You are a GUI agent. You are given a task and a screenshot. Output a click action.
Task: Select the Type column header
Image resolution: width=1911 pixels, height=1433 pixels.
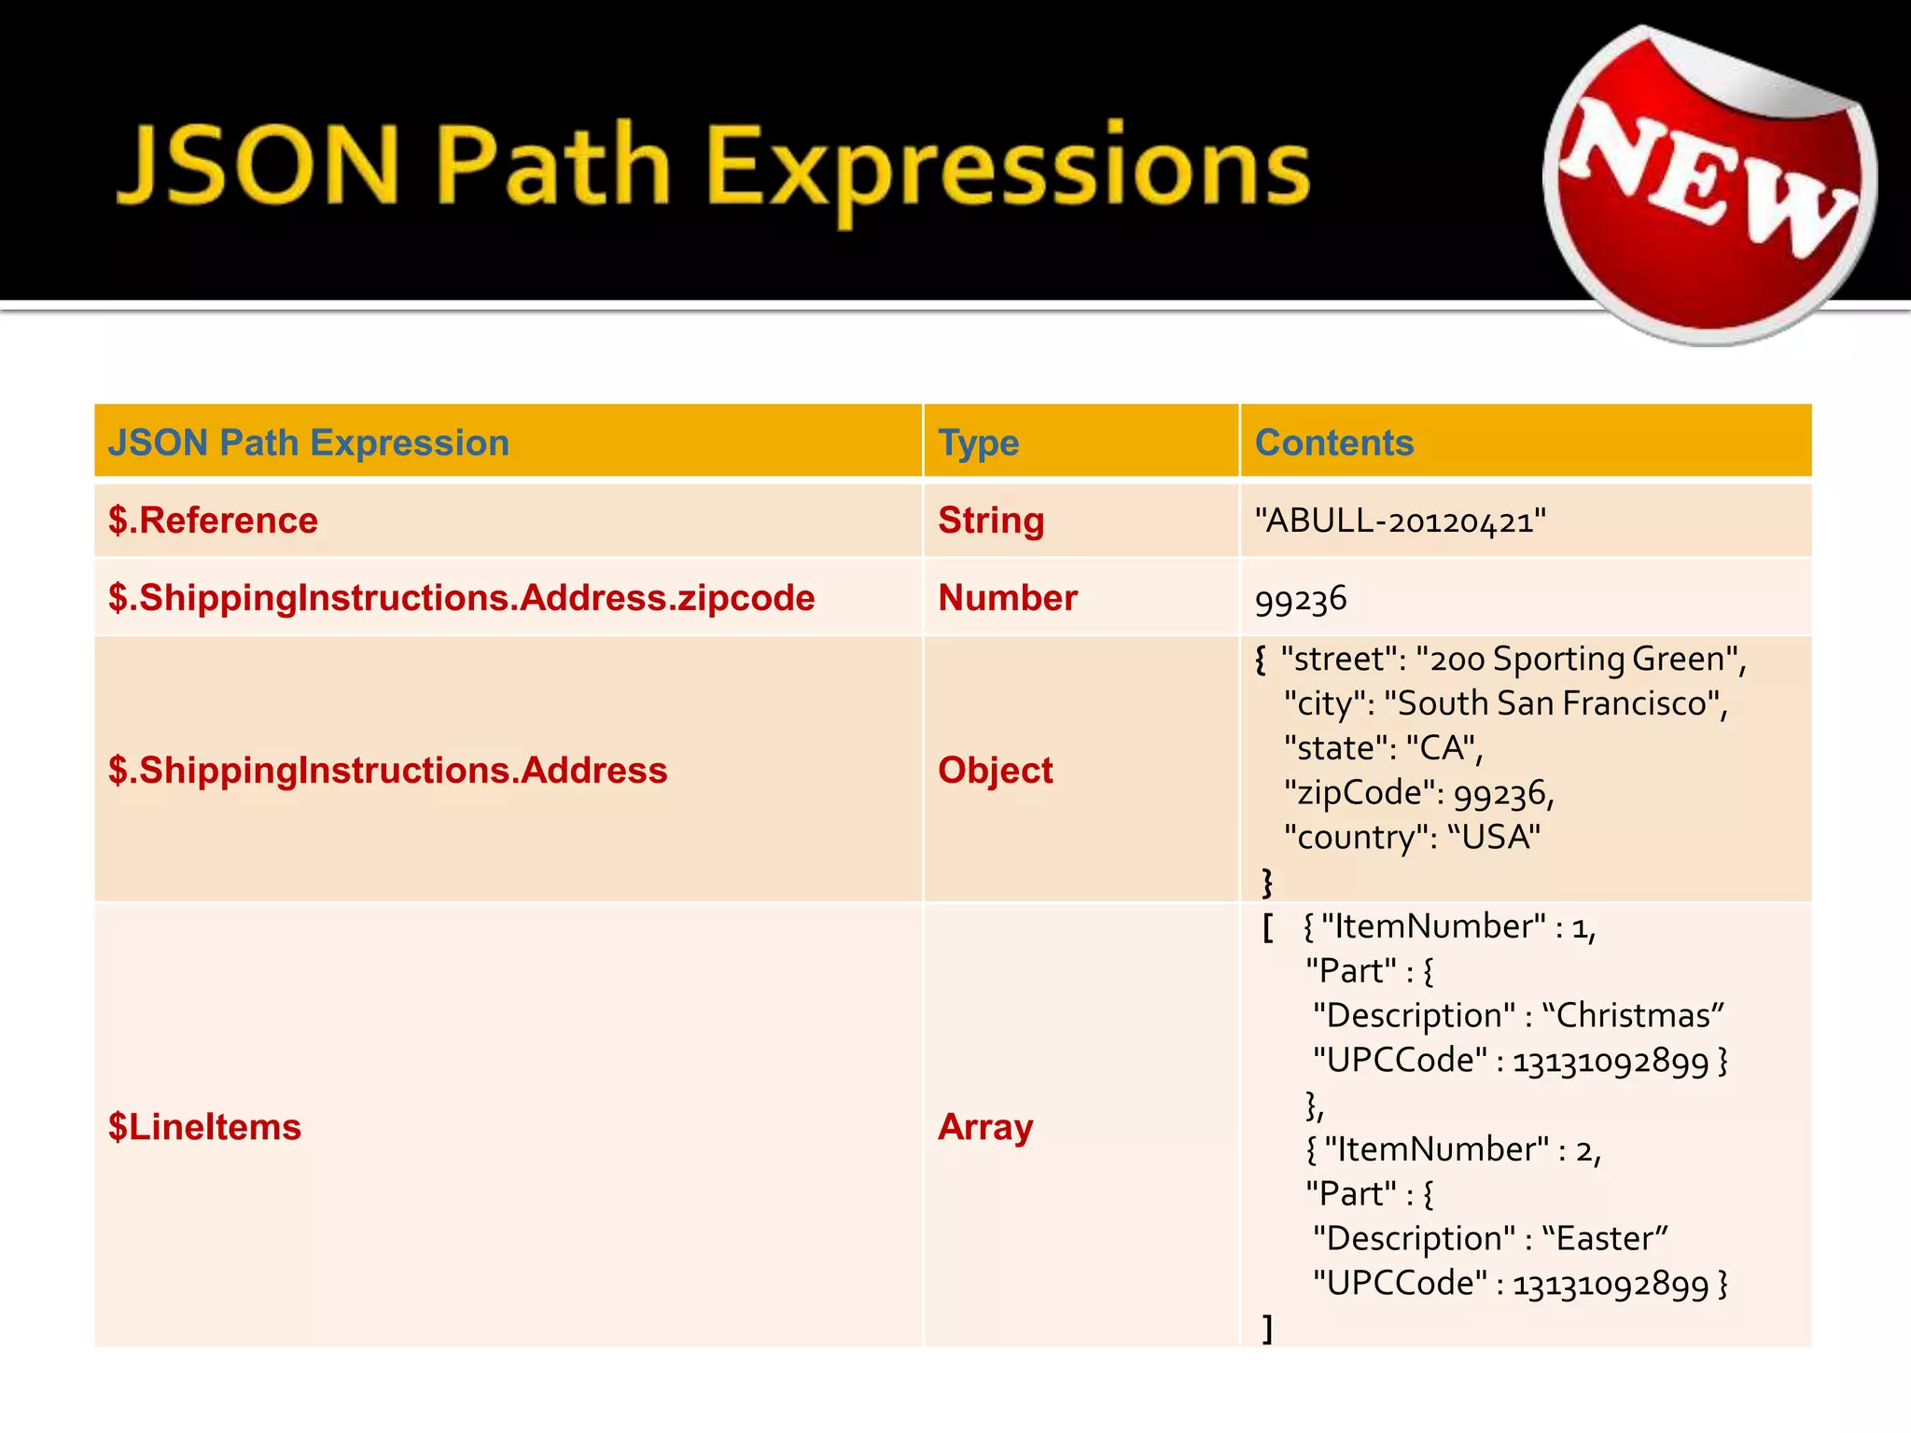[x=978, y=442]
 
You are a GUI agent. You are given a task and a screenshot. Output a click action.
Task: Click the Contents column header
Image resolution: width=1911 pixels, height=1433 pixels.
[x=1333, y=442]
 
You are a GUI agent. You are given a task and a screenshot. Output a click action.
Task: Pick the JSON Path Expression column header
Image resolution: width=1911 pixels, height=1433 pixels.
[x=308, y=442]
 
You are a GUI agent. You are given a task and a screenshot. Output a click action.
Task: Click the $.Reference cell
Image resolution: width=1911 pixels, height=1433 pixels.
[x=213, y=520]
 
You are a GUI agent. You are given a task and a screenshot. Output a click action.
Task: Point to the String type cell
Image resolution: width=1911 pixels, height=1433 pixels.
[x=990, y=520]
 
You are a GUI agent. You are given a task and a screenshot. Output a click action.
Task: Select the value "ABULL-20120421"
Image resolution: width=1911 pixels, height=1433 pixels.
[x=1400, y=521]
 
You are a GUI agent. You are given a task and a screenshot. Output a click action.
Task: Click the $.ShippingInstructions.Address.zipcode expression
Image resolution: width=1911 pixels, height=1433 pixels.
[x=461, y=598]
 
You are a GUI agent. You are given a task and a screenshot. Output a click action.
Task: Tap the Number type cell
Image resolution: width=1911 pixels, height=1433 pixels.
[x=1007, y=598]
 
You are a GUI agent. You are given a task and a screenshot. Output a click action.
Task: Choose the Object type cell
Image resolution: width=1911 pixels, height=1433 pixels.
[x=995, y=771]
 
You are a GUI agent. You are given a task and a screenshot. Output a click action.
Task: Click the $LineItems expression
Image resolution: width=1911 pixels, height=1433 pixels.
[x=204, y=1127]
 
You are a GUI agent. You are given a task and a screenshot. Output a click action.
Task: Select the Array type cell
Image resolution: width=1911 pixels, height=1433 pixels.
[x=984, y=1127]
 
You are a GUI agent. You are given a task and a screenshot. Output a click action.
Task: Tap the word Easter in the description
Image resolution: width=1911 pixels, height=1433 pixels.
[x=1604, y=1238]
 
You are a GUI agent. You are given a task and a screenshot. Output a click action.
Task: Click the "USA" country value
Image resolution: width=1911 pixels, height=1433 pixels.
[x=1494, y=837]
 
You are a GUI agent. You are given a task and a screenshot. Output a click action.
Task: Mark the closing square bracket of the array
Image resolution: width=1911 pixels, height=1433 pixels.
[x=1267, y=1328]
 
